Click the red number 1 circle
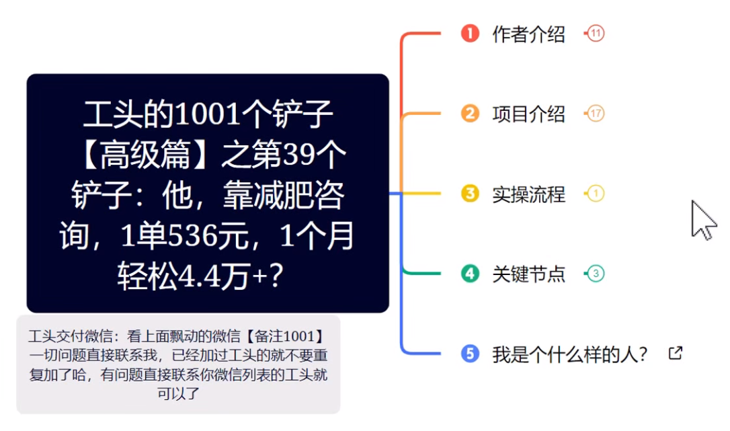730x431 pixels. (470, 34)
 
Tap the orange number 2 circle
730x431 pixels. (470, 113)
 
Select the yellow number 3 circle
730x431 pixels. (470, 194)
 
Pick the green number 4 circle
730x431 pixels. (470, 274)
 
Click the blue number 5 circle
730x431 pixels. (470, 354)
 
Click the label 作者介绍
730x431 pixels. (529, 34)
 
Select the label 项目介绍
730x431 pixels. (529, 114)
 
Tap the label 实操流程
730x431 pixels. (529, 194)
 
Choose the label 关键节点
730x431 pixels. (529, 274)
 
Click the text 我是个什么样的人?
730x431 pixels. (570, 354)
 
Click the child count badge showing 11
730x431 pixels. (596, 34)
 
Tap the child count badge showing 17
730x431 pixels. (596, 113)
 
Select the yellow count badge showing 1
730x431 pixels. (596, 194)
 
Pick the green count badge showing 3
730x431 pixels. (596, 274)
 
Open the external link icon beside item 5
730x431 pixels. (676, 353)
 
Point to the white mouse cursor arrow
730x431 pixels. (702, 220)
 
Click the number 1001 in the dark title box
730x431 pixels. (208, 114)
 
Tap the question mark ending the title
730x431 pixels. (276, 276)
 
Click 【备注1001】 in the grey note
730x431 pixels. (286, 336)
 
